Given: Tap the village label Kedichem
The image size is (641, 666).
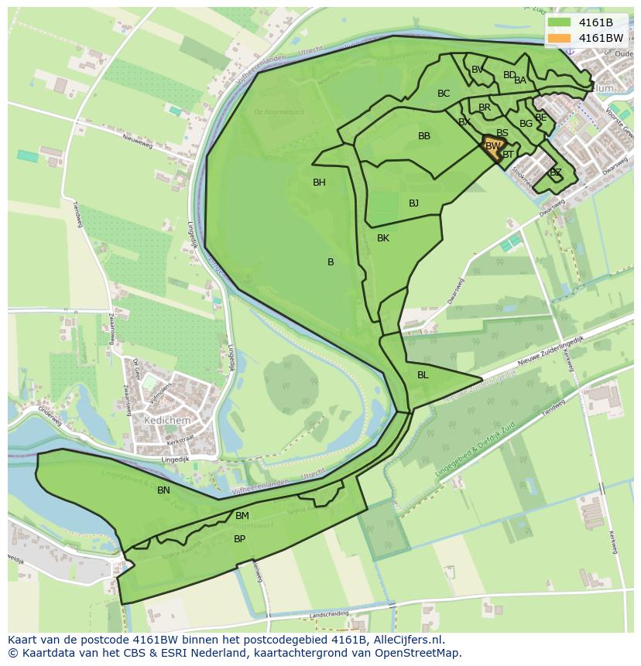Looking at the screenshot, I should (x=166, y=419).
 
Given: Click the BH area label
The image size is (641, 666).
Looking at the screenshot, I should (x=319, y=183).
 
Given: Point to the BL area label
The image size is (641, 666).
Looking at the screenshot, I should (x=423, y=375).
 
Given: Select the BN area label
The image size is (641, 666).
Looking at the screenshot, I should (x=163, y=490).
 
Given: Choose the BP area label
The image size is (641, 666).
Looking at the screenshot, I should (x=239, y=539).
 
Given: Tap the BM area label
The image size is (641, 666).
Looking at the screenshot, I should (x=242, y=516).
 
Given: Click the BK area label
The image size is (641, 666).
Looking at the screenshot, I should (x=383, y=238).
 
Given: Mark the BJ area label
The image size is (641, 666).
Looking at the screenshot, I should (x=413, y=203).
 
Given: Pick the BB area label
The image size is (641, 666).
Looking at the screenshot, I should (x=424, y=136).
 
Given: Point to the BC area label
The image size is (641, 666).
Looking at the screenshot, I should (x=444, y=94).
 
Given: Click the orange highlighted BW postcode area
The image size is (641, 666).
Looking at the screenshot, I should (x=492, y=145).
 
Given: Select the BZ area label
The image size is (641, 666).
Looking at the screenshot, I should (x=555, y=172).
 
